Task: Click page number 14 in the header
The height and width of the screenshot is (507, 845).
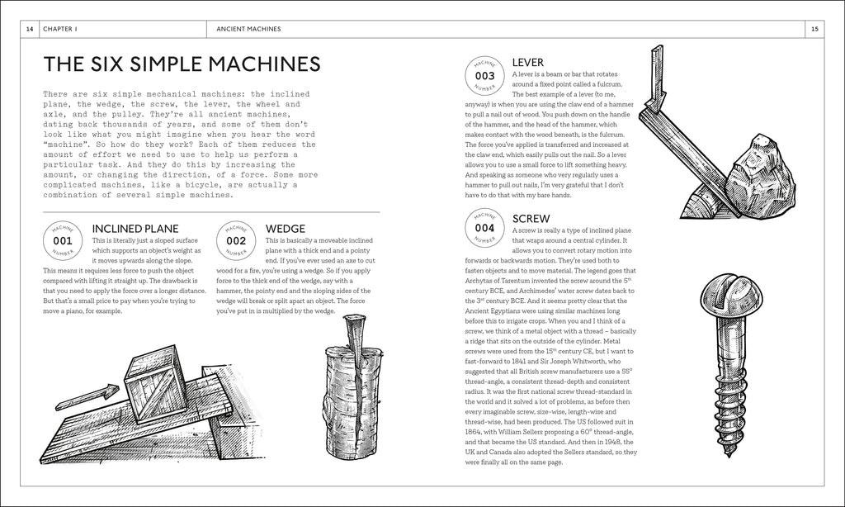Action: (30, 29)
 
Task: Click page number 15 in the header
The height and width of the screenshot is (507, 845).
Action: (814, 29)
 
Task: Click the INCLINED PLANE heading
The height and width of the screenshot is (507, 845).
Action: (135, 228)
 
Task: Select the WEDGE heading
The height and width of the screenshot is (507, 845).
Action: (286, 228)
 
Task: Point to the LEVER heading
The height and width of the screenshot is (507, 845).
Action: (527, 62)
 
